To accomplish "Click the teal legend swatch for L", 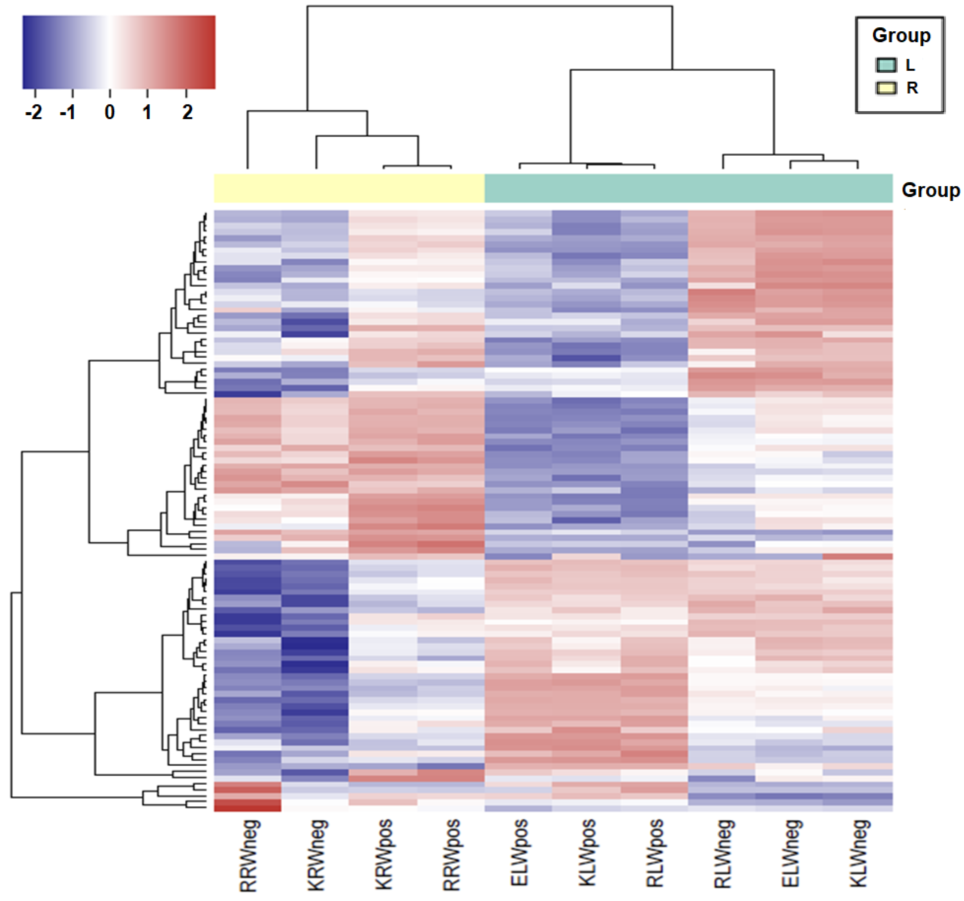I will pyautogui.click(x=886, y=65).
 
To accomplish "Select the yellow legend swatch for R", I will pyautogui.click(x=886, y=88).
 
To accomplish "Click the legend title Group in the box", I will pyautogui.click(x=901, y=35).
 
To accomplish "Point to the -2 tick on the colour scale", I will pyautogui.click(x=34, y=113).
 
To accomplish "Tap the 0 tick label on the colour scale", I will pyautogui.click(x=110, y=113).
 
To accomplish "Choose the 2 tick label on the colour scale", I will pyautogui.click(x=187, y=113).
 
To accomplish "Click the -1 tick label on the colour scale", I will pyautogui.click(x=68, y=113).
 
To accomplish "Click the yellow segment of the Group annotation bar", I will pyautogui.click(x=349, y=188).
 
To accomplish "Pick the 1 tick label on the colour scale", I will pyautogui.click(x=147, y=113).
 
